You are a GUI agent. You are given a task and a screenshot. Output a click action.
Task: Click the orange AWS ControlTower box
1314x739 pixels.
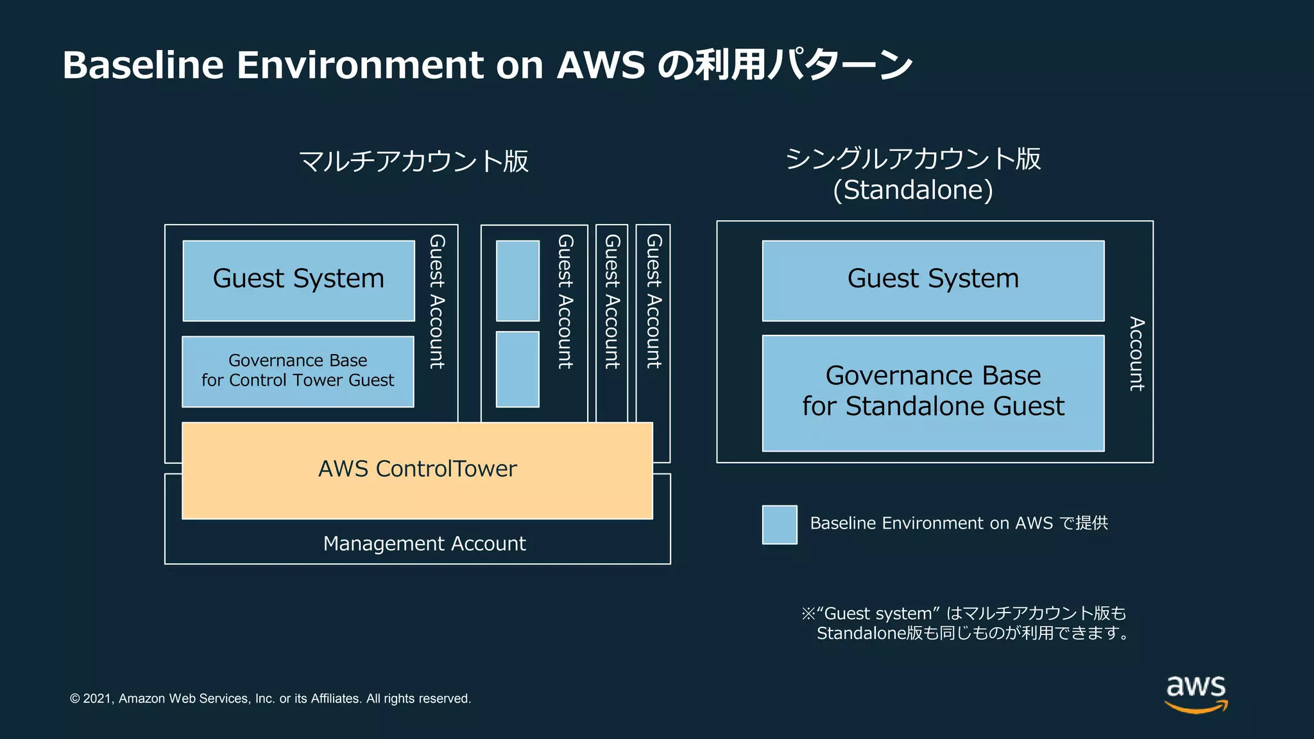click(x=417, y=470)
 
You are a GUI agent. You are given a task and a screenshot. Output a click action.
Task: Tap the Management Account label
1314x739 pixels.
click(x=424, y=543)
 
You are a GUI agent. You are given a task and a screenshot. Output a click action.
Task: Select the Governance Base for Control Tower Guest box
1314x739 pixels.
click(x=298, y=371)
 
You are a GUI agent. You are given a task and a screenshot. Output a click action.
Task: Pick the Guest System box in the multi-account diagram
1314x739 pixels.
click(x=298, y=280)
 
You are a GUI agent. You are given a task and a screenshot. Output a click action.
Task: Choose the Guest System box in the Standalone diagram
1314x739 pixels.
click(x=933, y=280)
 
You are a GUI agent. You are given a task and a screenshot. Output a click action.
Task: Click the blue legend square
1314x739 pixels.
click(x=780, y=524)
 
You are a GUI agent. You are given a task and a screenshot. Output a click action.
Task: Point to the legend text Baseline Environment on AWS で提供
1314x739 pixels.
click(x=959, y=523)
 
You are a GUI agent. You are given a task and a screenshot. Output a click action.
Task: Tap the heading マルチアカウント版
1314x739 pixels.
click(x=414, y=161)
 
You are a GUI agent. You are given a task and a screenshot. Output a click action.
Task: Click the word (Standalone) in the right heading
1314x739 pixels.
click(x=912, y=190)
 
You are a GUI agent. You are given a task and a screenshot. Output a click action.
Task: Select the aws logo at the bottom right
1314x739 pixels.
click(x=1195, y=693)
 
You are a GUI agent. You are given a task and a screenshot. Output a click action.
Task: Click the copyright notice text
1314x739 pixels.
click(x=270, y=699)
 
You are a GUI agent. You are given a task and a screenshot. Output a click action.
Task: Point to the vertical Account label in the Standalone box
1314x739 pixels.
click(x=1136, y=353)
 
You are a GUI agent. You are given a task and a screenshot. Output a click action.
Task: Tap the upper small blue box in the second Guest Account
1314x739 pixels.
click(x=517, y=280)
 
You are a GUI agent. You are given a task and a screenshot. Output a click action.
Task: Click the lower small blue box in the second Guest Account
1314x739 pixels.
click(x=517, y=369)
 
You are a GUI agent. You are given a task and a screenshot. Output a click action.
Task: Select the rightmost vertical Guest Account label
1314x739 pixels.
click(x=653, y=301)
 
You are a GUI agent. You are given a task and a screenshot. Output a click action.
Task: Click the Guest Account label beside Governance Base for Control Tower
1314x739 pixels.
click(x=437, y=301)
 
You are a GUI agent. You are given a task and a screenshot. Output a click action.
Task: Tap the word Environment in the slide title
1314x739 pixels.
click(x=360, y=65)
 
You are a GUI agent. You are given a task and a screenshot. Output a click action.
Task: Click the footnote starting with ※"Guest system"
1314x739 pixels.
click(x=965, y=623)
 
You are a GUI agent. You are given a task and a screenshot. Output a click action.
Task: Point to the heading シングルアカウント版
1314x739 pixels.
click(x=912, y=158)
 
